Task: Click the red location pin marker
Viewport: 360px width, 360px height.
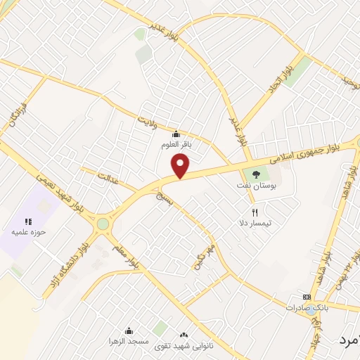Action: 181,166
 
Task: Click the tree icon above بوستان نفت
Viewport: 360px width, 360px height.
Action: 255,175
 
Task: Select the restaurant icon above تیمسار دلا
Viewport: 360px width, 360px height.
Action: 255,211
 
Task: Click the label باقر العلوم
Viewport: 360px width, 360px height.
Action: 176,145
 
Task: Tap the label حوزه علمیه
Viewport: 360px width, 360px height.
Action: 29,231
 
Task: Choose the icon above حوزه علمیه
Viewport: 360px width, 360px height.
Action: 29,221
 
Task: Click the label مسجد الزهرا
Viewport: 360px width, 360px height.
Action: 129,342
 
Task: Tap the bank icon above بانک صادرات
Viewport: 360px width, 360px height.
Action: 307,297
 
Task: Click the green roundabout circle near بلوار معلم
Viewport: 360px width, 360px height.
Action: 103,224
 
